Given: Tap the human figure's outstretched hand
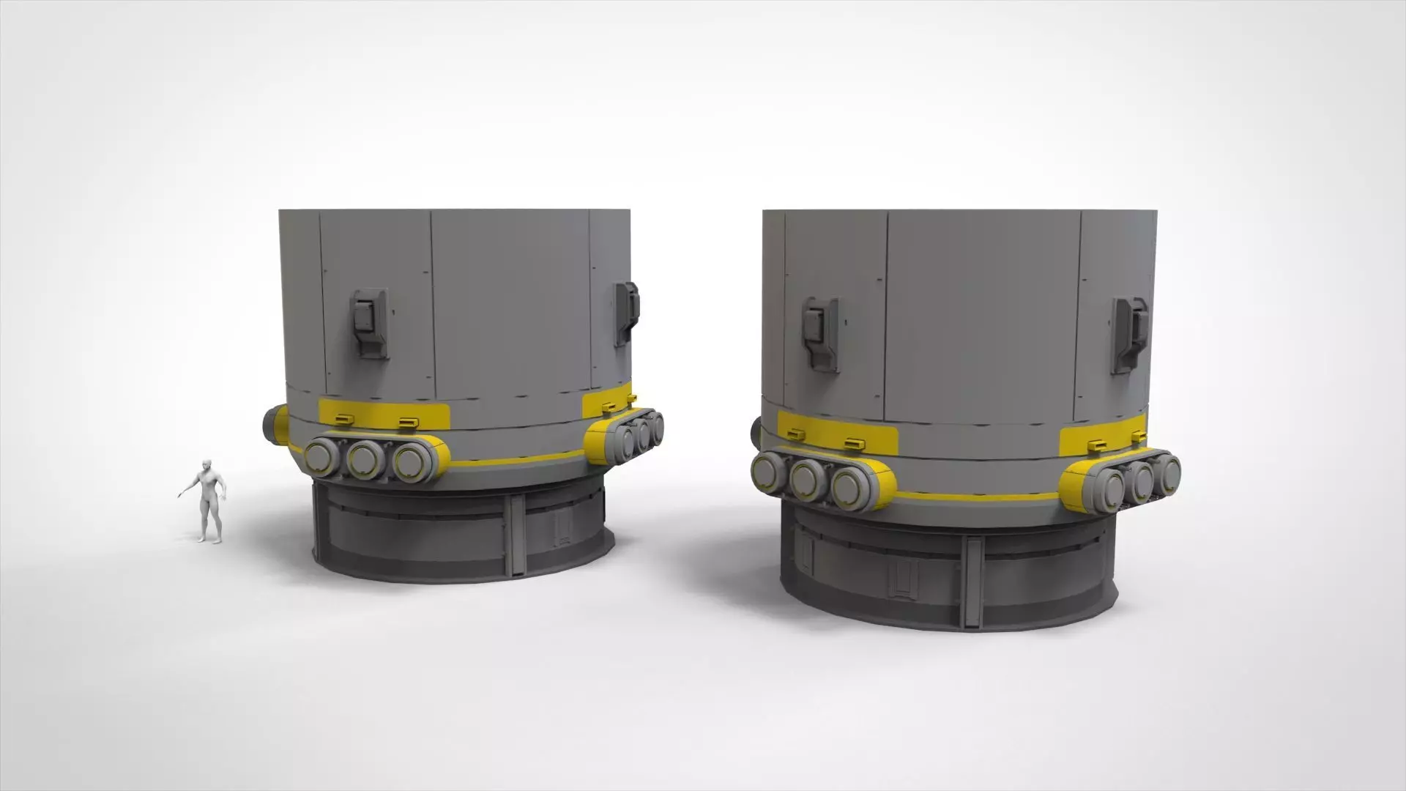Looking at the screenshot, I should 180,495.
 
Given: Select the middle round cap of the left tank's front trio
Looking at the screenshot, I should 364,460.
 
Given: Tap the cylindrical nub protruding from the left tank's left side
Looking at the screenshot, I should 275,425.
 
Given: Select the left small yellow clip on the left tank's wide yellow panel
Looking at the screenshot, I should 343,419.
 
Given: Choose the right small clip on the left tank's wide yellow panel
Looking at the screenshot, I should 408,422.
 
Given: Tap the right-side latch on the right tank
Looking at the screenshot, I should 1128,334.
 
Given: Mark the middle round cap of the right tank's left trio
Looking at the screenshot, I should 808,479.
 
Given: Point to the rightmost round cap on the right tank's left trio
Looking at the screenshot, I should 849,486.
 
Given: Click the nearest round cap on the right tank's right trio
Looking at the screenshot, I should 1109,489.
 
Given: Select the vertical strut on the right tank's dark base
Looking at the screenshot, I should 972,582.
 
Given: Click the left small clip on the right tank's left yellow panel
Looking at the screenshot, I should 796,434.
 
